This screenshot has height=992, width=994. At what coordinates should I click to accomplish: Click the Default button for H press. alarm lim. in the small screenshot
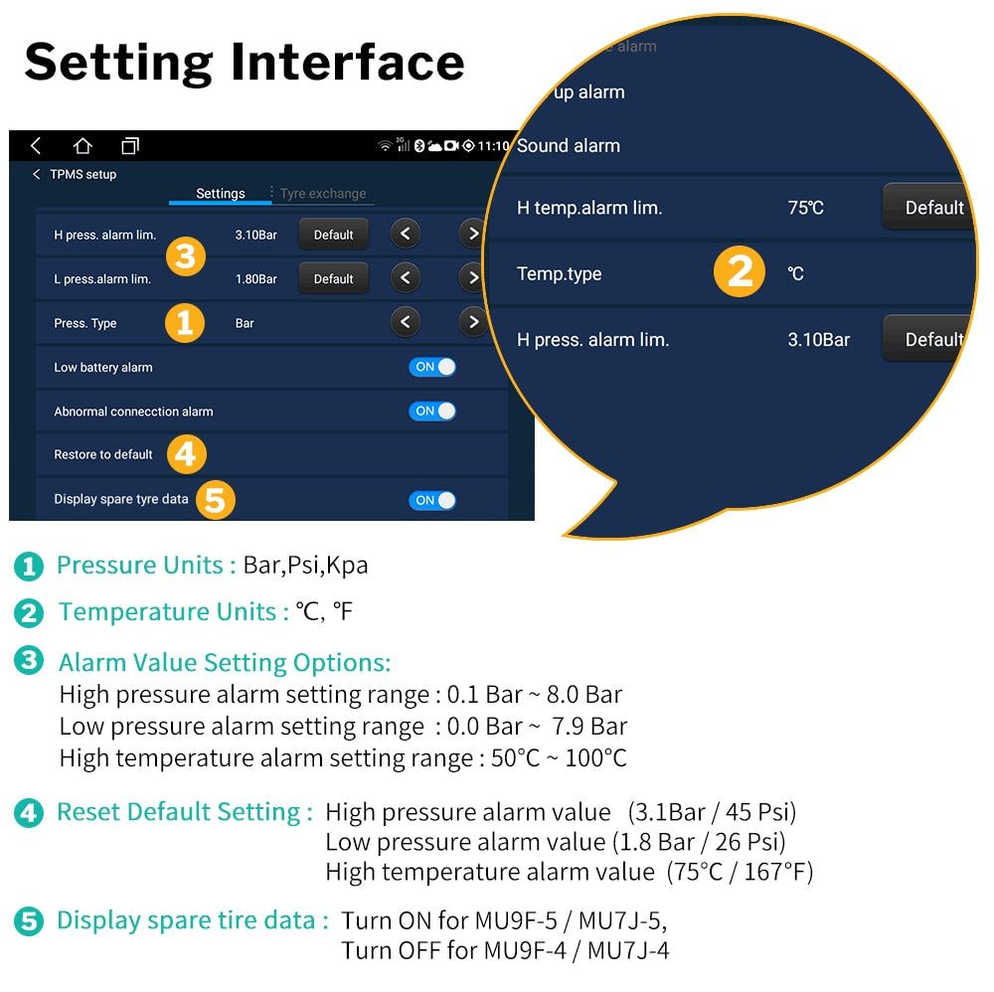pyautogui.click(x=333, y=235)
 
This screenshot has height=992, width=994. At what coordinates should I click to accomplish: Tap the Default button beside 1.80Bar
pyautogui.click(x=333, y=279)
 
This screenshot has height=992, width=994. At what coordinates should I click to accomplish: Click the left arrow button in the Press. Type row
pyautogui.click(x=405, y=322)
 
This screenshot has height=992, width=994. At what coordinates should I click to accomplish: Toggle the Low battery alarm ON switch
pyautogui.click(x=432, y=367)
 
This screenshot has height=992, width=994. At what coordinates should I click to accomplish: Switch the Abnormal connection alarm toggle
pyautogui.click(x=432, y=411)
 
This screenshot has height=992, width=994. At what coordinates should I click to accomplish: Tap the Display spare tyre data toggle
pyautogui.click(x=432, y=500)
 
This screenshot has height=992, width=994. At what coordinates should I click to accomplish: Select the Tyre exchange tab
pyautogui.click(x=323, y=194)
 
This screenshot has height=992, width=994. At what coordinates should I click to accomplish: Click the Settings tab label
pyautogui.click(x=221, y=194)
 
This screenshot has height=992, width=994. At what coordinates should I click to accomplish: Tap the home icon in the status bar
pyautogui.click(x=83, y=146)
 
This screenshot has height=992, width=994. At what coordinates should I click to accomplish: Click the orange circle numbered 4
pyautogui.click(x=187, y=454)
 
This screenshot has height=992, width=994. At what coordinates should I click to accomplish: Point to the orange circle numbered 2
pyautogui.click(x=740, y=272)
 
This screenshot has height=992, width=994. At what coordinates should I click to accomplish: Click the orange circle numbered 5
pyautogui.click(x=215, y=499)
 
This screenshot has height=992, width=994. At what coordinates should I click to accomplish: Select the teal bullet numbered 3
pyautogui.click(x=29, y=661)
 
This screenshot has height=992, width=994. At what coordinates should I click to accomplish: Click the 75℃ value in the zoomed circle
pyautogui.click(x=805, y=208)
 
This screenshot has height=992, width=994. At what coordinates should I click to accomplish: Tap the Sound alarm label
pyautogui.click(x=569, y=145)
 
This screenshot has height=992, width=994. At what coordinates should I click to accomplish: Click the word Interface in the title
pyautogui.click(x=348, y=62)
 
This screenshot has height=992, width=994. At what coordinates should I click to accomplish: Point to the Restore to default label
pyautogui.click(x=103, y=454)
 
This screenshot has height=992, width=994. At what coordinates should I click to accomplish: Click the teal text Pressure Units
pyautogui.click(x=140, y=566)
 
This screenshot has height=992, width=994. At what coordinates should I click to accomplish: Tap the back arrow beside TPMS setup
pyautogui.click(x=37, y=174)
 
